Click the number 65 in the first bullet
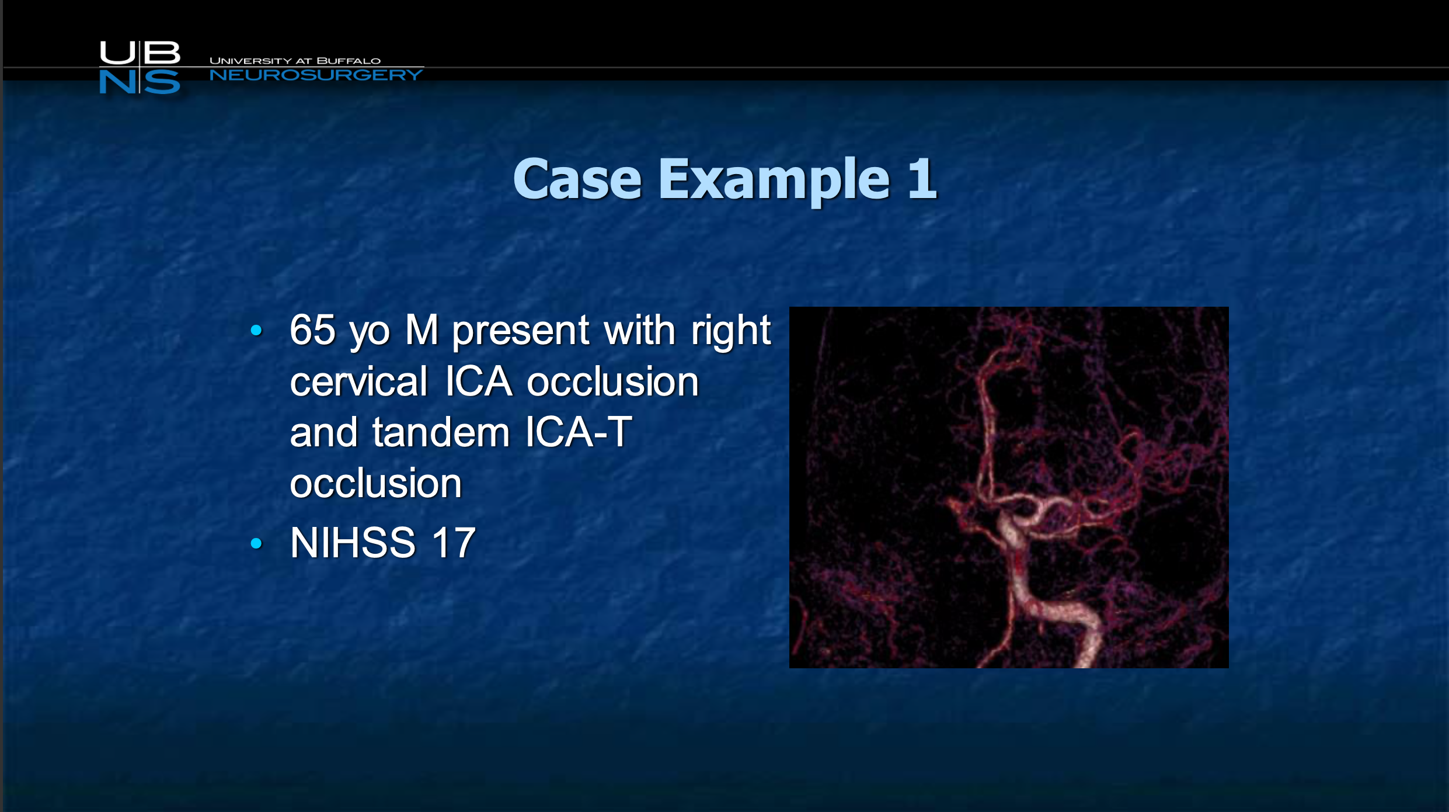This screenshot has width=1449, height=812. pyautogui.click(x=313, y=329)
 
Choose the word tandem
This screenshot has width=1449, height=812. pyautogui.click(x=441, y=432)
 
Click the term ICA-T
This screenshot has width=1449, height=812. pyautogui.click(x=579, y=432)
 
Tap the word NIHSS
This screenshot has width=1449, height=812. pyautogui.click(x=353, y=542)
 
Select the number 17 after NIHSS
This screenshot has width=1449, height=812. pyautogui.click(x=454, y=542)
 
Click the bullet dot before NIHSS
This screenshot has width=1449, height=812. pyautogui.click(x=256, y=543)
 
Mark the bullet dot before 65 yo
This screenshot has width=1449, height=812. pyautogui.click(x=256, y=330)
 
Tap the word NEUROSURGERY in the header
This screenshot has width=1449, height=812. pyautogui.click(x=316, y=75)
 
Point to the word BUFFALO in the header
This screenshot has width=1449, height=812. pyautogui.click(x=349, y=61)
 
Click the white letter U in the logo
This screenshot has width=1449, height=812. pyautogui.click(x=117, y=53)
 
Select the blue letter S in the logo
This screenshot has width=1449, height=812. pyautogui.click(x=162, y=82)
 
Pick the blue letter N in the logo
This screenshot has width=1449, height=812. pyautogui.click(x=117, y=82)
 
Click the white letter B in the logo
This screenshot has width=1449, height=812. pyautogui.click(x=162, y=53)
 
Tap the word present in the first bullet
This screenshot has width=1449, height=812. pyautogui.click(x=521, y=332)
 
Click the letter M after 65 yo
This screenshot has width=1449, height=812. pyautogui.click(x=422, y=329)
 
